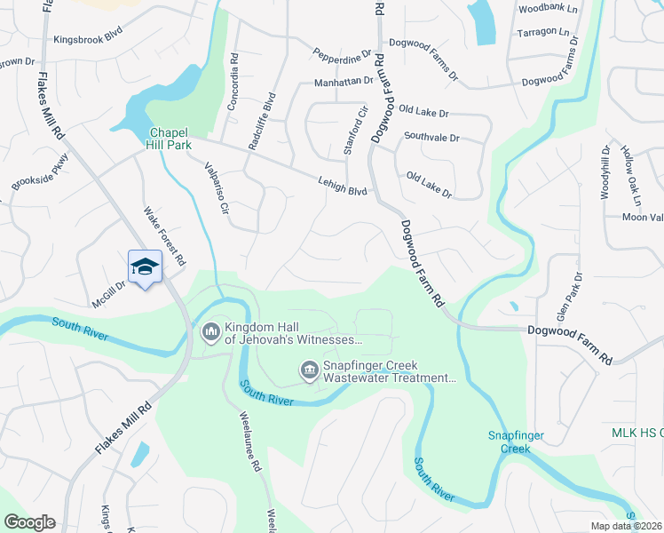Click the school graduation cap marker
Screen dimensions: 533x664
click(146, 266)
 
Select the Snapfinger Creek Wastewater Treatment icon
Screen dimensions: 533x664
click(309, 369)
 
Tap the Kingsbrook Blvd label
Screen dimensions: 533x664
click(87, 40)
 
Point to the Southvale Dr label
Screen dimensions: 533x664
click(431, 138)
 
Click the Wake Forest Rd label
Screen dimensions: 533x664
click(165, 237)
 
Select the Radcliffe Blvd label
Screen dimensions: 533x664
click(257, 123)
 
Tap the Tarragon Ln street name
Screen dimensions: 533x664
click(542, 32)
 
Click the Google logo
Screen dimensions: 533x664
click(29, 522)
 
